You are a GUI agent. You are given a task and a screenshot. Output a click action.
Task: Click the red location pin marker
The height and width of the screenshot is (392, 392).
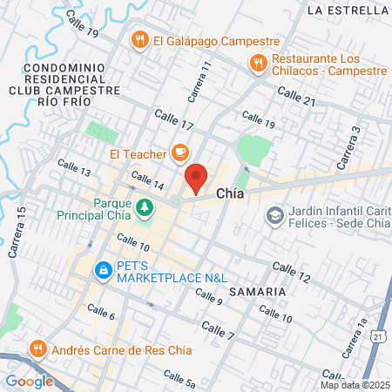[196, 178]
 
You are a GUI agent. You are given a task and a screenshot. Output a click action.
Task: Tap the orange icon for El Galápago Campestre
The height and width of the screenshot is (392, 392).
[139, 40]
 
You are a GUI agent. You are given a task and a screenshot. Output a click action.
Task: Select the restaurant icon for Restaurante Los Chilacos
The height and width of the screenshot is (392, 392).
[257, 63]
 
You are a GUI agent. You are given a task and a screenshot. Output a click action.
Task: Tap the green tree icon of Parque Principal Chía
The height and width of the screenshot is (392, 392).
[143, 207]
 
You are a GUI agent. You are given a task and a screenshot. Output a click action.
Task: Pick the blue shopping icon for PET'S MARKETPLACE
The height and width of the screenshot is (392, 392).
[104, 270]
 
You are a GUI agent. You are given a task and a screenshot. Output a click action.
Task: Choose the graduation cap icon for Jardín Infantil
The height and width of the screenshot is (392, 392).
[274, 214]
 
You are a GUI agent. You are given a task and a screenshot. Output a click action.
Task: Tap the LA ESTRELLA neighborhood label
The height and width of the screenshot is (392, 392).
[348, 11]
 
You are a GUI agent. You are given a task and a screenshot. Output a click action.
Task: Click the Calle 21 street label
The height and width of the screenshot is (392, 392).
[296, 96]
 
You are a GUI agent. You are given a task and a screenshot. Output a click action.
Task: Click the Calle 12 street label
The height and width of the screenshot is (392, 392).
[291, 271]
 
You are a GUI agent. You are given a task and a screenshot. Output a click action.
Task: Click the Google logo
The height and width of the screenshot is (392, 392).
[29, 381]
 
